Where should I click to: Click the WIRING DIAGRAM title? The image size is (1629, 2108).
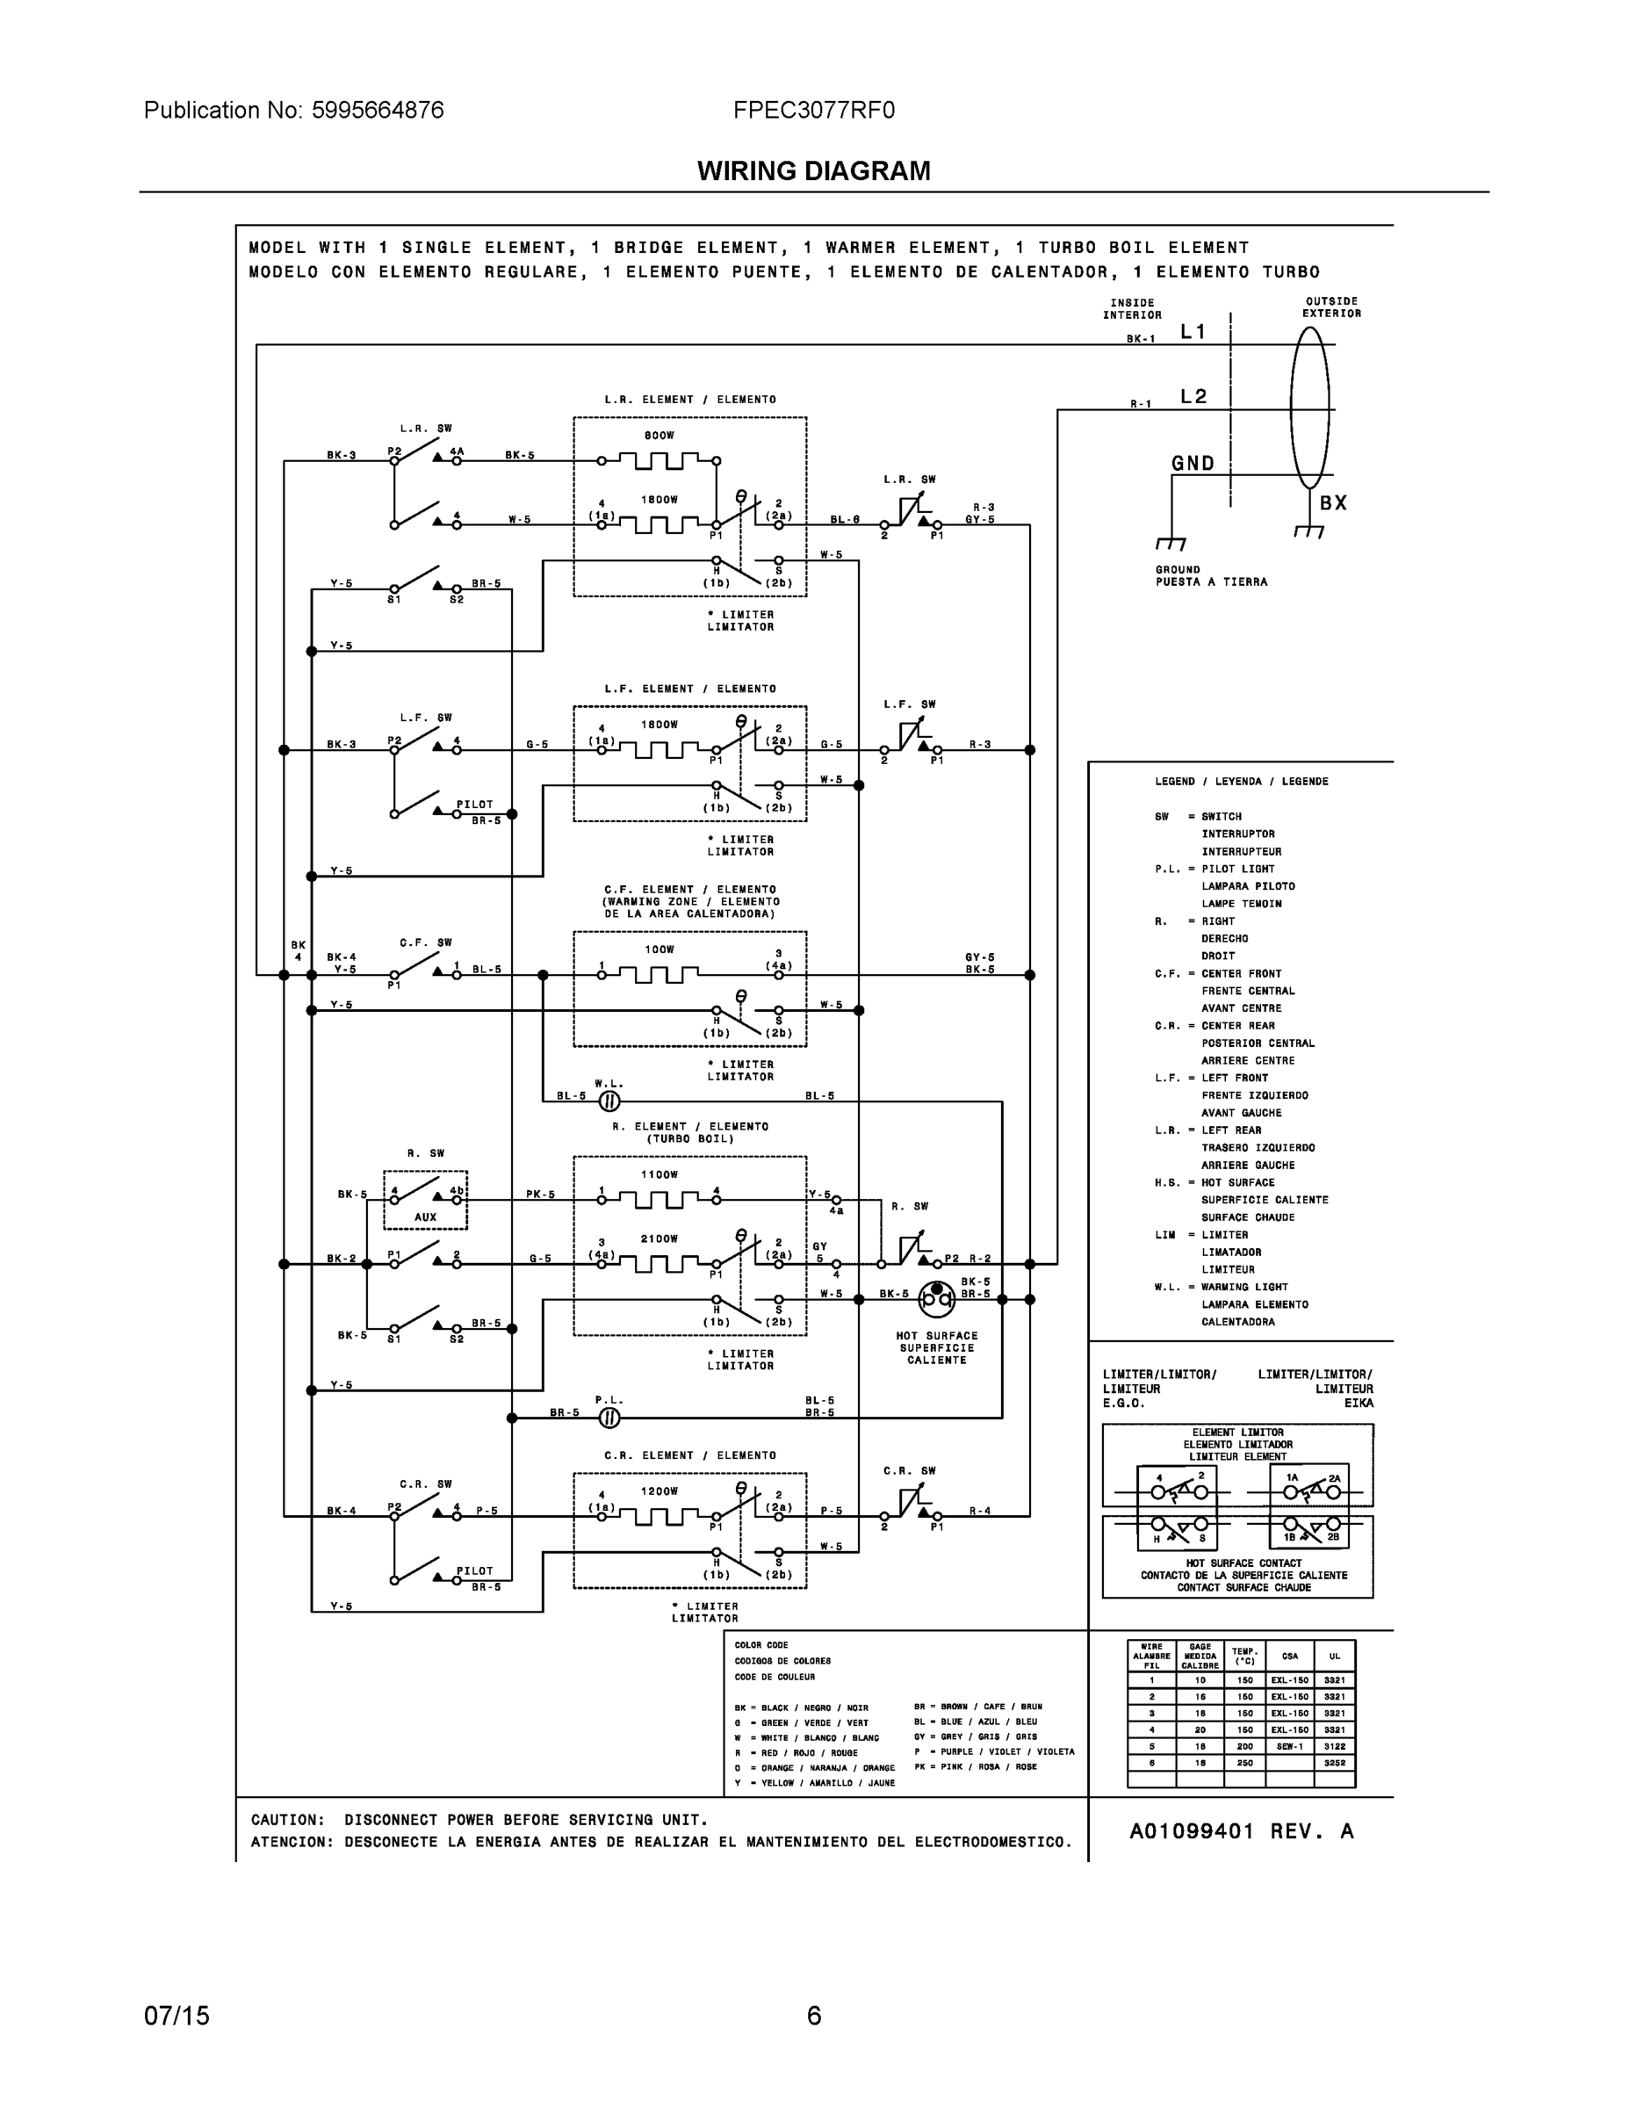pos(813,171)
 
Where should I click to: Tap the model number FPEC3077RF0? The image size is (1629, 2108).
pos(813,110)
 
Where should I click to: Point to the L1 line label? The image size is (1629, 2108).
pos(1193,332)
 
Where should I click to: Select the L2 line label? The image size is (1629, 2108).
pos(1193,397)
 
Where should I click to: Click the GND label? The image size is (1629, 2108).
pos(1193,463)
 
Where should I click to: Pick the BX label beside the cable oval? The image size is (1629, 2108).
pos(1333,503)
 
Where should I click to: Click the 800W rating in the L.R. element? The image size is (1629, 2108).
pos(660,436)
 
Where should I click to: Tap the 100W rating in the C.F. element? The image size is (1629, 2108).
pos(660,949)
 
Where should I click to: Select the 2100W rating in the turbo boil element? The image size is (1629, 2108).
pos(660,1238)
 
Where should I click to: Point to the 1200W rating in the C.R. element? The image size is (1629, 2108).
pos(660,1491)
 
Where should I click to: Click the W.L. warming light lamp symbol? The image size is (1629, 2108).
pos(609,1101)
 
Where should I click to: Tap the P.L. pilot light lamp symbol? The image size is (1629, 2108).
pos(609,1418)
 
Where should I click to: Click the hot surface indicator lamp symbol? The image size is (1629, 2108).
pos(935,1299)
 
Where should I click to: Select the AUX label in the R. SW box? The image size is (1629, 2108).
pos(426,1217)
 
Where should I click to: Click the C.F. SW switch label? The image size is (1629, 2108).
pos(426,943)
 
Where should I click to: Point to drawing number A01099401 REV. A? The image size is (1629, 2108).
pos(1241,1832)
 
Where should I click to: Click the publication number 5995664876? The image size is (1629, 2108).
pos(378,110)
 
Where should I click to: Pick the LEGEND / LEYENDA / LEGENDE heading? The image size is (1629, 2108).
pos(1241,782)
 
